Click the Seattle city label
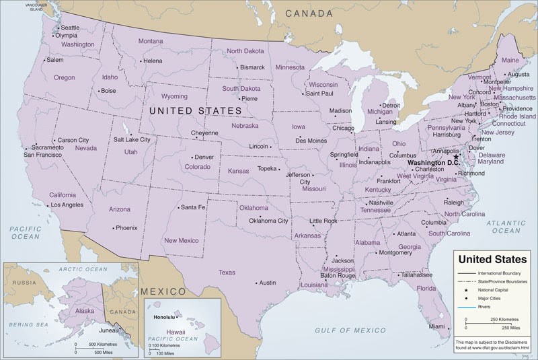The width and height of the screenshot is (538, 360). coord(70,28)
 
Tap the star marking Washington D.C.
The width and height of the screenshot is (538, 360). coord(456,157)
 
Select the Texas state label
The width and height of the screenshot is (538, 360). coord(227,273)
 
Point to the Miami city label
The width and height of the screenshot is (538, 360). coord(437,326)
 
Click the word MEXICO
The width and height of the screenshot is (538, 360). coord(163,291)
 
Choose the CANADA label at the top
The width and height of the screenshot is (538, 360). coord(309,13)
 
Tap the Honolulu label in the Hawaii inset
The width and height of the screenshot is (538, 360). coord(164,316)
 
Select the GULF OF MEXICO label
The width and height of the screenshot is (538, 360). coord(351,330)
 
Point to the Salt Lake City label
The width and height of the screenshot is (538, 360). coord(132,139)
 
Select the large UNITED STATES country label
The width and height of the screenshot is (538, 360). coord(195,110)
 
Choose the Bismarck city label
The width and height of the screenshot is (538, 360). coord(252,67)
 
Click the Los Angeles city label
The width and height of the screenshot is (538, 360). coord(67,204)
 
